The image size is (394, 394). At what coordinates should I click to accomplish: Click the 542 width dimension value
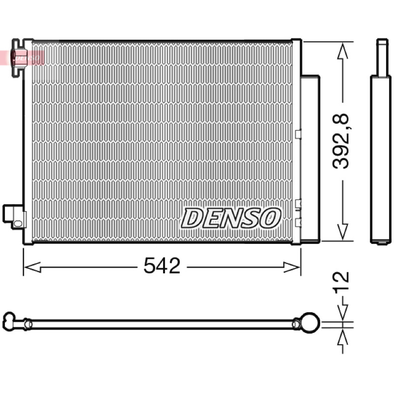click(x=162, y=265)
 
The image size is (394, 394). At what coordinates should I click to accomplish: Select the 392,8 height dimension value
click(x=341, y=141)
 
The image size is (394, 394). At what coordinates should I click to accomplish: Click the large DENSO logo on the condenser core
click(x=230, y=218)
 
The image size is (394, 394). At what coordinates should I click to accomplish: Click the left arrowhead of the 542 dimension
click(x=32, y=267)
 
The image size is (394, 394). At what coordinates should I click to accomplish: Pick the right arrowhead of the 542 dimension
click(x=292, y=267)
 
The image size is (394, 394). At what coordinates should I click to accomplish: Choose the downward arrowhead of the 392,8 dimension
click(x=343, y=231)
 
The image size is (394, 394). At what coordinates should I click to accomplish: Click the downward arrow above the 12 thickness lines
click(x=343, y=308)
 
